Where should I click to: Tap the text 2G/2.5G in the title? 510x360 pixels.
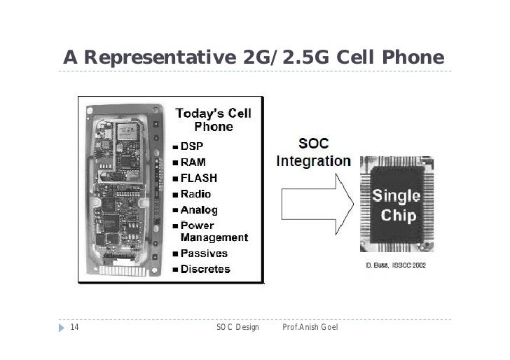284,57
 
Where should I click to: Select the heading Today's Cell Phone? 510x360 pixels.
213,120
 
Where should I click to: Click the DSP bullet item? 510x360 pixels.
192,147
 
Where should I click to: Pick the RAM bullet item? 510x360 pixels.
193,162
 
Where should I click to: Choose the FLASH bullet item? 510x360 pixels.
199,178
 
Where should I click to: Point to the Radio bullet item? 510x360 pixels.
195,194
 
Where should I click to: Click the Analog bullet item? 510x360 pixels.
199,209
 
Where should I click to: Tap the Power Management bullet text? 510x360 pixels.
213,232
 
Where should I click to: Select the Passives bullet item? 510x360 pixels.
204,254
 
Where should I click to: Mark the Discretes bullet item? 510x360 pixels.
205,269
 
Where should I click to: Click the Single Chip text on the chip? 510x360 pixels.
396,205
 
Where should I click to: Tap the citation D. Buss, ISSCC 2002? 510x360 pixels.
396,265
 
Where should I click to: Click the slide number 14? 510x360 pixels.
74,327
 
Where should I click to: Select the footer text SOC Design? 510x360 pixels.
237,327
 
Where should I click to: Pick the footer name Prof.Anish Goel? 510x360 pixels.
310,327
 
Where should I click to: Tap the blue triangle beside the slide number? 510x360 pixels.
62,327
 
